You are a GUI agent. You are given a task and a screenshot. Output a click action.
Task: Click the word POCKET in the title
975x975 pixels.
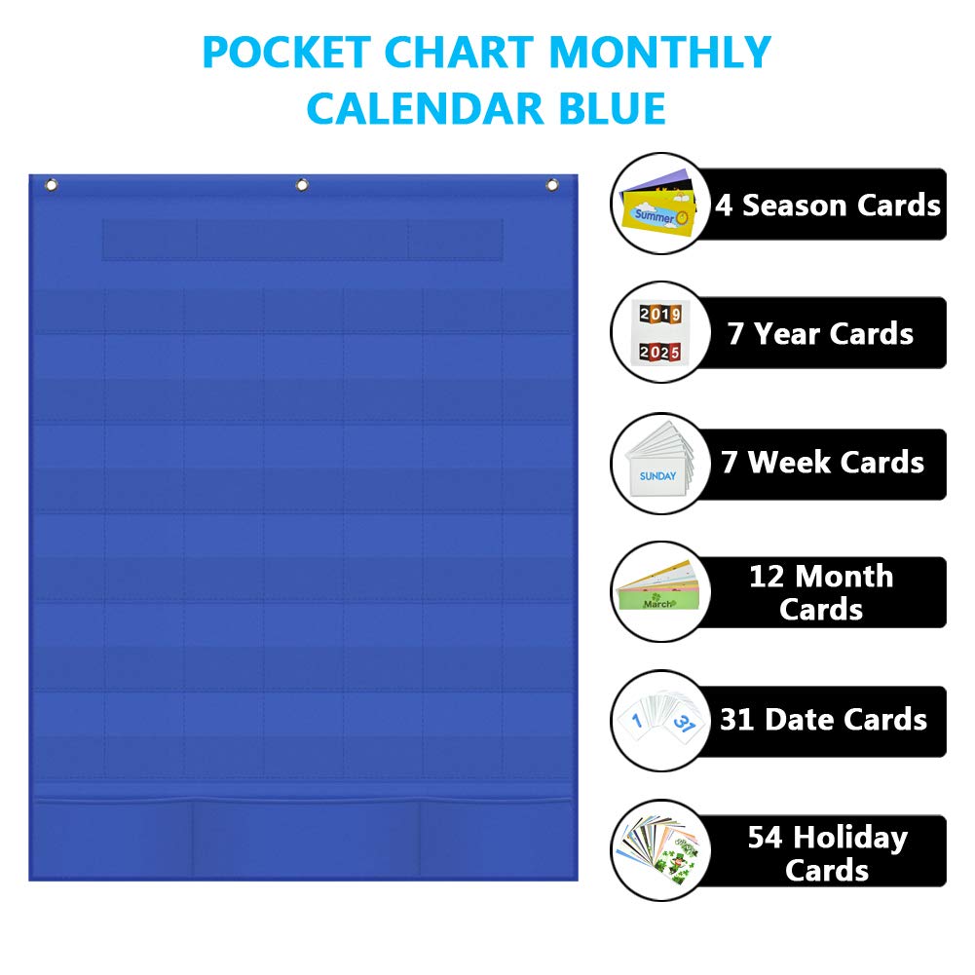pos(286,53)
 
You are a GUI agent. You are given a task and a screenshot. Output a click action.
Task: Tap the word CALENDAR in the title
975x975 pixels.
pos(426,109)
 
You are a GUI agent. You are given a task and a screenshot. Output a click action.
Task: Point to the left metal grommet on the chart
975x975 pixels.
pos(52,185)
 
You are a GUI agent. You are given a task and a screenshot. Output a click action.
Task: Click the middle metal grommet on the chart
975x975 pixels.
pos(302,185)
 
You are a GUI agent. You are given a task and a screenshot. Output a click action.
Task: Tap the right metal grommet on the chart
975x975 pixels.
pos(552,185)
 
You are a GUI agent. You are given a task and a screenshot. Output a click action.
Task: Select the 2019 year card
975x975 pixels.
pos(660,314)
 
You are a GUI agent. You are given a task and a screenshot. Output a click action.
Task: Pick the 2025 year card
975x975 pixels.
pos(660,352)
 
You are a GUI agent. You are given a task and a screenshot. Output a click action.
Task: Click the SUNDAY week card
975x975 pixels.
pos(657,476)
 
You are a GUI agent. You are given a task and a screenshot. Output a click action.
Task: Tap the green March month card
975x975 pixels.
pos(657,599)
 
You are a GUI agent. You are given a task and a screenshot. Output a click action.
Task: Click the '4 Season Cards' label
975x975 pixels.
pos(828,206)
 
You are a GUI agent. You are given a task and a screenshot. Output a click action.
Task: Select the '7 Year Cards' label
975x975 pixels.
pos(820,334)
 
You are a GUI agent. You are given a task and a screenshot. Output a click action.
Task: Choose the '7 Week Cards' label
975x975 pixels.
pos(822,463)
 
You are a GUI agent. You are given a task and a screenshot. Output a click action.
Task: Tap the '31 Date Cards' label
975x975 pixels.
pos(823,720)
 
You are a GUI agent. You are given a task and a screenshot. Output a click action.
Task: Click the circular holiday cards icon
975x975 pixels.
pos(661,850)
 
